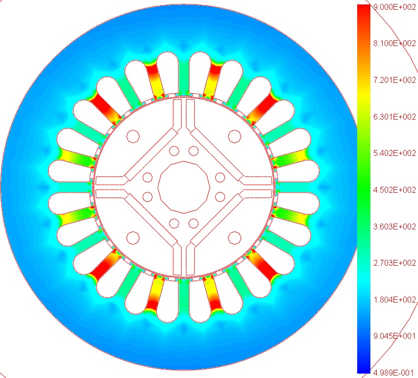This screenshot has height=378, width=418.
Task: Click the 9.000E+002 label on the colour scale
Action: tap(394, 7)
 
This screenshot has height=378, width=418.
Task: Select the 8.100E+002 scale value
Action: tap(394, 44)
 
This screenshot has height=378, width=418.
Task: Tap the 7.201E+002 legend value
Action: tap(394, 80)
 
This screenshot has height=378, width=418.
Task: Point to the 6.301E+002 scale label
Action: tap(394, 117)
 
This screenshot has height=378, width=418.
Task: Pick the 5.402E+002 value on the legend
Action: tap(394, 153)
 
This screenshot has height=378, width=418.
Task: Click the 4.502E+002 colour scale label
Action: tap(394, 190)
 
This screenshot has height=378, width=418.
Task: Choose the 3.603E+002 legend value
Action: tap(394, 227)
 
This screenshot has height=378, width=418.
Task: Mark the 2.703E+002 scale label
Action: tap(394, 263)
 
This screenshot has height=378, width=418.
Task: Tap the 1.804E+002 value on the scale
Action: tap(394, 300)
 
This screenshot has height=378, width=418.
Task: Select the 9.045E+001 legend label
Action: tap(394, 336)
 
